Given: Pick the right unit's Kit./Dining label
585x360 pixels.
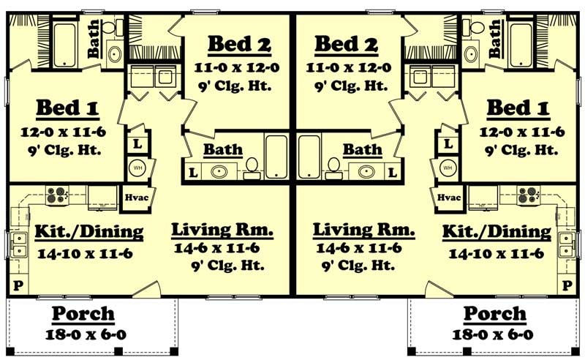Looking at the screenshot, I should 497,232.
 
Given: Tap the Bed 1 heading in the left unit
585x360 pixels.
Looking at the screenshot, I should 67,109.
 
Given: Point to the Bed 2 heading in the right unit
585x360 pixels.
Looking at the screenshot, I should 346,44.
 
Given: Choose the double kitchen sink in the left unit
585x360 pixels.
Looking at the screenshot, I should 16,244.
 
